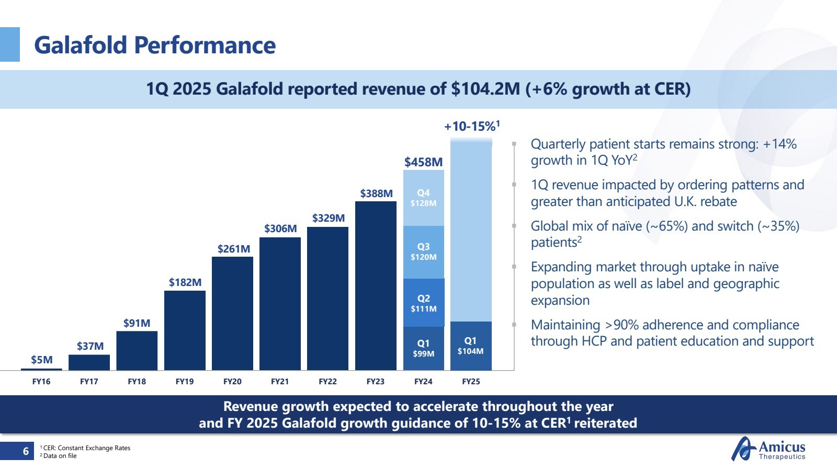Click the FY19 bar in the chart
pos(185,330)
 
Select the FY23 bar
pos(376,285)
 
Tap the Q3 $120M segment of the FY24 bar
pos(423,252)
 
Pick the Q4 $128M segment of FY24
pos(423,198)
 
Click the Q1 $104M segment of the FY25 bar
pos(471,346)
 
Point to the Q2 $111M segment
pos(423,303)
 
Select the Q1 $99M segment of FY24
pos(423,348)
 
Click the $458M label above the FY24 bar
pos(423,162)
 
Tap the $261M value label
pos(233,249)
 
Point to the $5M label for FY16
pos(41,360)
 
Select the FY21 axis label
pos(280,382)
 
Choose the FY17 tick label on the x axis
pos(89,382)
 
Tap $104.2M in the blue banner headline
pos(485,89)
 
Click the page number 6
pos(26,451)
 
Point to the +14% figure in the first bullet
pos(779,144)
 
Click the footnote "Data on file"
pos(60,456)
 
